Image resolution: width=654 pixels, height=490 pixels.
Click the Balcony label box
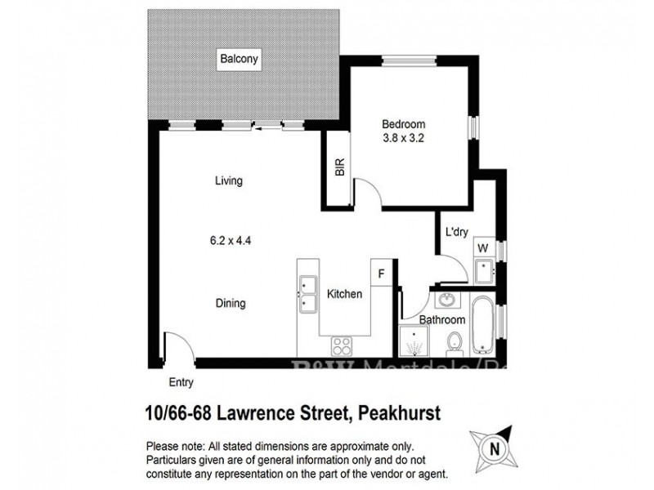(x=238, y=59)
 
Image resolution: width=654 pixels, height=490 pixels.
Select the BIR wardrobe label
(x=339, y=168)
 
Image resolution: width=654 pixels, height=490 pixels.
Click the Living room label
(x=229, y=181)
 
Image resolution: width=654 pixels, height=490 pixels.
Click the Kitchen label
(x=344, y=294)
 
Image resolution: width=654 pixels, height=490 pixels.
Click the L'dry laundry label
(x=456, y=231)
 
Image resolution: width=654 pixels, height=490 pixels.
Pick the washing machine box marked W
(x=482, y=247)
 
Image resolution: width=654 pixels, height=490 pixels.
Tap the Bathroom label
(x=442, y=319)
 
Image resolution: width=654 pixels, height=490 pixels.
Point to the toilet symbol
(x=459, y=344)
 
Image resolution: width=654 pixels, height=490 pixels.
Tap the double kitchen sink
(x=309, y=294)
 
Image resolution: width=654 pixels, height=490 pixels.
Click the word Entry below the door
(x=181, y=382)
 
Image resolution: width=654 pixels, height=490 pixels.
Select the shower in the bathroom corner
(x=416, y=344)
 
